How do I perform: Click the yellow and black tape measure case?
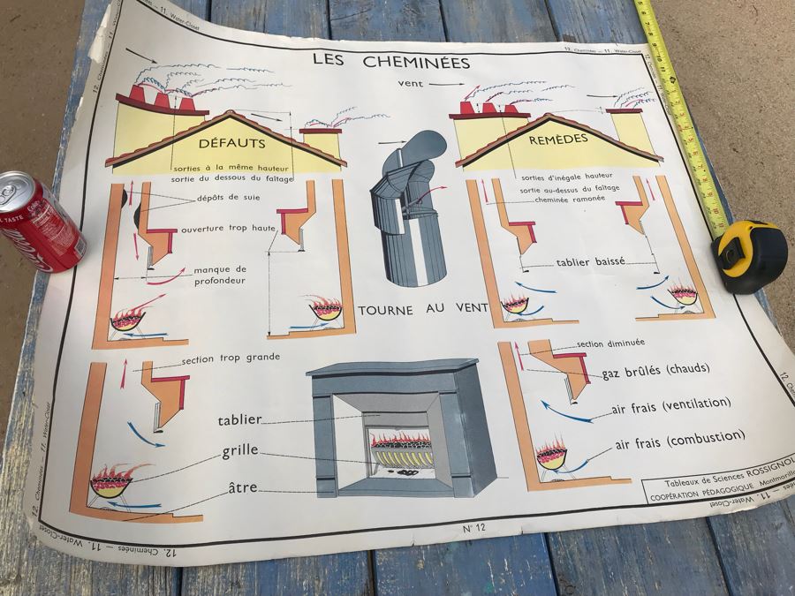click(x=750, y=254)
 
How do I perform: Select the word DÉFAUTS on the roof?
click(x=231, y=142)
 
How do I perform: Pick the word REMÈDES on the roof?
click(x=558, y=140)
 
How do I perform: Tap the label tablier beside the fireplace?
click(x=239, y=420)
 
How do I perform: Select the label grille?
click(x=240, y=450)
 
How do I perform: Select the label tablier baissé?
click(x=590, y=261)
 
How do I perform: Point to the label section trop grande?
click(x=231, y=358)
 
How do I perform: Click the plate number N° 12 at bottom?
click(x=474, y=530)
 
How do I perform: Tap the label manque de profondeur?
click(x=220, y=275)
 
